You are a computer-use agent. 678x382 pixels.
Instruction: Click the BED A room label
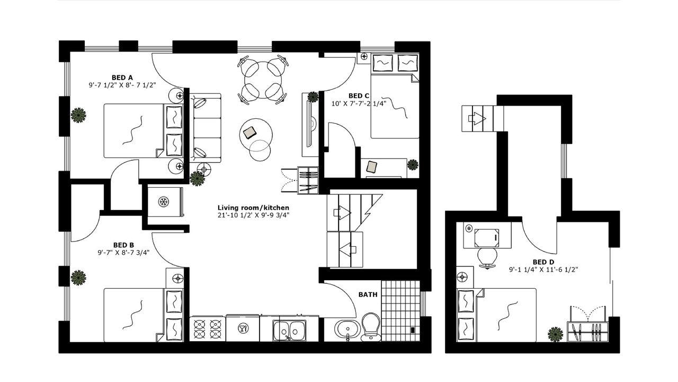click(122, 77)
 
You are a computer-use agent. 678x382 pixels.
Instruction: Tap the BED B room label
click(123, 245)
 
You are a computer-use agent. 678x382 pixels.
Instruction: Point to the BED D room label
click(543, 262)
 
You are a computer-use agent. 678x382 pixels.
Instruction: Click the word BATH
click(368, 294)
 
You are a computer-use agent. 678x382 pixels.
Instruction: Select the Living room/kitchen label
click(253, 207)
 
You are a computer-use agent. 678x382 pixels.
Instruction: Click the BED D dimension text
click(543, 270)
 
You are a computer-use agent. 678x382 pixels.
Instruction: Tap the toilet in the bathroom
click(371, 326)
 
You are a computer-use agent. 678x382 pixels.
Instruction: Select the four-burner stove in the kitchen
click(208, 328)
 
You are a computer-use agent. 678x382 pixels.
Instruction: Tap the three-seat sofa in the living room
click(206, 128)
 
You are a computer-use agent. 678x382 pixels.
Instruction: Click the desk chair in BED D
click(487, 256)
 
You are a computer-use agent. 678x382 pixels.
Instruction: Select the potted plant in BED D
click(555, 334)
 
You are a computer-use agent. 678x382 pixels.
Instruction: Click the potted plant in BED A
click(78, 115)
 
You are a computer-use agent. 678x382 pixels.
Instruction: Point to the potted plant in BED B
click(78, 277)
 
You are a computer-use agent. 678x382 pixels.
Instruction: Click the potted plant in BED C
click(413, 164)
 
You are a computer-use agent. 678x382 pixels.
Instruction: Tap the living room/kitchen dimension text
click(253, 215)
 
